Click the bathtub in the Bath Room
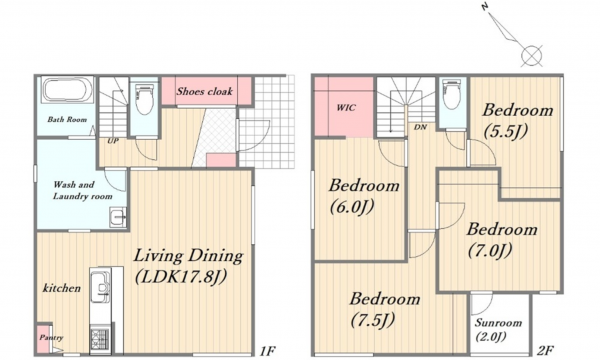tap(67, 90)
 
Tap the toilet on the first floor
tap(144, 99)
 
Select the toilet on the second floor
tap(452, 94)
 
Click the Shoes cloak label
tap(205, 91)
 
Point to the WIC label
tap(346, 108)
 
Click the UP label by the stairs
tap(113, 141)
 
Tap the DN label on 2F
tap(420, 127)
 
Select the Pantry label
tap(51, 338)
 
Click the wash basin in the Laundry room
tap(118, 218)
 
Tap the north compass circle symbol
tap(532, 56)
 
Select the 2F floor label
tap(545, 350)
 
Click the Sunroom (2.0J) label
tap(498, 330)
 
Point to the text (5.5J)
tap(505, 132)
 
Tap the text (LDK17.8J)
tap(181, 277)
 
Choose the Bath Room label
tap(67, 119)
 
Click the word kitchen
tap(62, 288)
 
